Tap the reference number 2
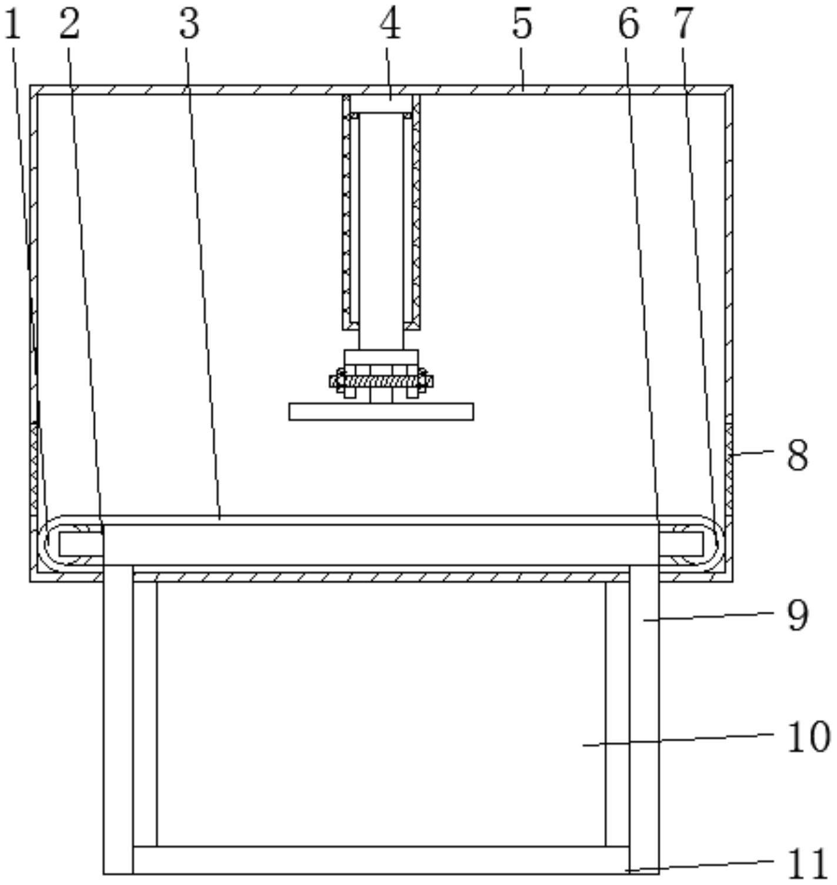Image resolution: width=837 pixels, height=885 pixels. coord(69,25)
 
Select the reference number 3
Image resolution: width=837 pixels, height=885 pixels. coord(189,25)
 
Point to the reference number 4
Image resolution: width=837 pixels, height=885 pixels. coord(390,25)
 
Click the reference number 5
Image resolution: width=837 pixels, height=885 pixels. coord(522,25)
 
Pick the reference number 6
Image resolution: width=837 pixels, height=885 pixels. coord(628,25)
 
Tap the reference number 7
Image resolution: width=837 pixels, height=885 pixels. coord(683,25)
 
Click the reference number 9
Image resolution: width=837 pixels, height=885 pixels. coord(798,616)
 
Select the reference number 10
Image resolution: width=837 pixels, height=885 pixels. coord(808,737)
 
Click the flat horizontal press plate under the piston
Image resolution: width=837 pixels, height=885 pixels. coord(381,412)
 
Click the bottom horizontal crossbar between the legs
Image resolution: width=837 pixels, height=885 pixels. coord(381,860)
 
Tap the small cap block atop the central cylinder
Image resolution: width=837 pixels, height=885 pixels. coord(381,105)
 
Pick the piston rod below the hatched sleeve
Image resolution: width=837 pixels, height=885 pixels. coord(381,339)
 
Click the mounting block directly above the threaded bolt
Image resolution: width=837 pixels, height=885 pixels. coord(381,358)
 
